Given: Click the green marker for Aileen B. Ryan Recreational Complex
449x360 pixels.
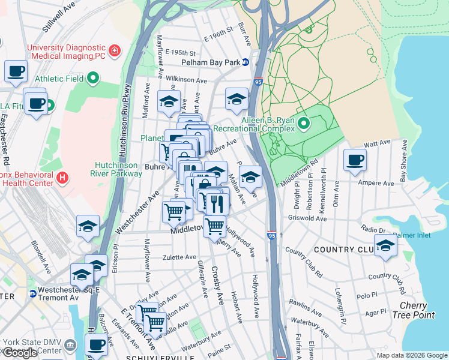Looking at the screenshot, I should (304, 124).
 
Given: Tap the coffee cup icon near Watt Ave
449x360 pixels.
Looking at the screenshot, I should (354, 160).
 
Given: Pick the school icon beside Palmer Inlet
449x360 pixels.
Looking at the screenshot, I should (385, 245).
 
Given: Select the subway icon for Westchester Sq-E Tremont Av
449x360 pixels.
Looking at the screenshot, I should (32, 293).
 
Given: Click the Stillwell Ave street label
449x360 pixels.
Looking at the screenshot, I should (58, 16).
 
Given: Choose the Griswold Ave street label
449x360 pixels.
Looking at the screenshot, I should (307, 218).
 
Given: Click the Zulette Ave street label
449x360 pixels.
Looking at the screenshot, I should (180, 257).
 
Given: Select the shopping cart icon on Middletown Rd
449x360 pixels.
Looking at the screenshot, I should (214, 226).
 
